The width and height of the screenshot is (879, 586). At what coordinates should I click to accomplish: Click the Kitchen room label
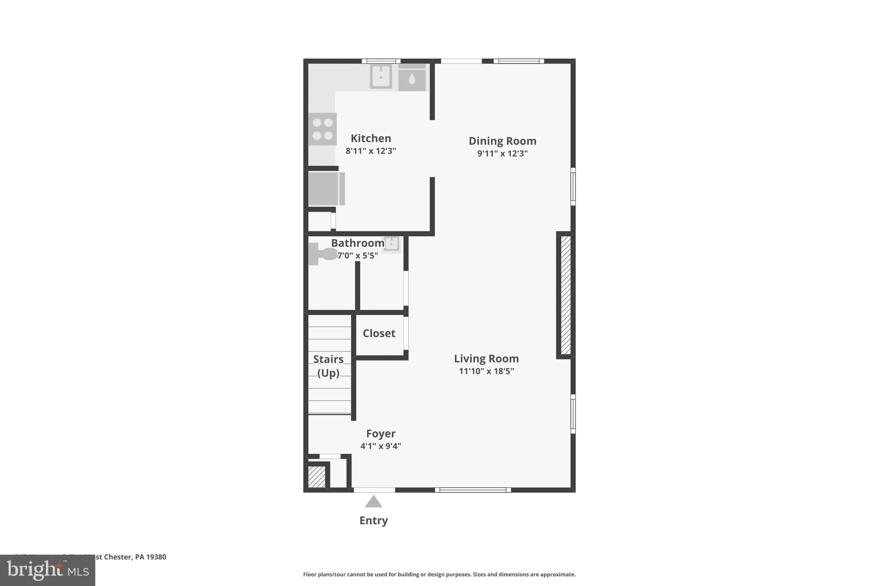(x=371, y=138)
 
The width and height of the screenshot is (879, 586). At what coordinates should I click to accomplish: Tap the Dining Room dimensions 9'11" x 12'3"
(x=502, y=153)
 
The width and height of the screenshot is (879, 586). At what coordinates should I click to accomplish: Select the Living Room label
(x=486, y=358)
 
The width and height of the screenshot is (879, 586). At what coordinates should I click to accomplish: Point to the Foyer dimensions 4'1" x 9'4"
(x=381, y=446)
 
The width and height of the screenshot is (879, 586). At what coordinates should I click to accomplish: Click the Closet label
(x=379, y=333)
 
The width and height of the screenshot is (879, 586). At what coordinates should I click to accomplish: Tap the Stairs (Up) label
(x=328, y=366)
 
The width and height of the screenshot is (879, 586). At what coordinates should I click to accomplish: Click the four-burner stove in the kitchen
(x=323, y=129)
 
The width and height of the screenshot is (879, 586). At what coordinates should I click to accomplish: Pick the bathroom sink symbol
(x=391, y=244)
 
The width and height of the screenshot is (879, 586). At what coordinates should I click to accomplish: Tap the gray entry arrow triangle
(x=373, y=502)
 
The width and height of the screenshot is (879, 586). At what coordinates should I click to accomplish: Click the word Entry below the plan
(x=373, y=520)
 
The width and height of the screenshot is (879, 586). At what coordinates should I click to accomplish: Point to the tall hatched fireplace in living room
(x=566, y=295)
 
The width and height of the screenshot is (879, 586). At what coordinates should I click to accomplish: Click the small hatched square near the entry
(x=317, y=477)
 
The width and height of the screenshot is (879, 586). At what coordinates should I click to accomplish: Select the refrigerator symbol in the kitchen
(x=326, y=188)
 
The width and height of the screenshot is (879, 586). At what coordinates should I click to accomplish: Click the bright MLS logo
(x=48, y=570)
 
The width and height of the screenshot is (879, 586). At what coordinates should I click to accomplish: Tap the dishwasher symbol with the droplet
(x=412, y=78)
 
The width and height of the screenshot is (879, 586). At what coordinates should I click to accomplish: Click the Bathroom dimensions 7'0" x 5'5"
(x=358, y=255)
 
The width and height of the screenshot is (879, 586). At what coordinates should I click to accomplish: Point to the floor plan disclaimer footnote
(x=439, y=574)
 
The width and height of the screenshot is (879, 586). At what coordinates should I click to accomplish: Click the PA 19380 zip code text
(x=150, y=557)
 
